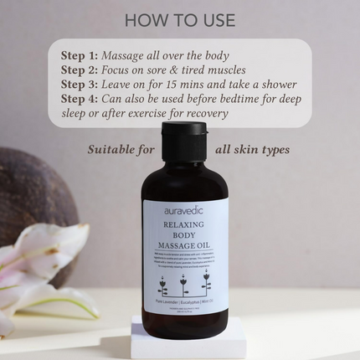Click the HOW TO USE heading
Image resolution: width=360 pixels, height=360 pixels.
click(179, 19)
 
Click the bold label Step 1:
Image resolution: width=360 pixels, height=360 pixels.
click(80, 54)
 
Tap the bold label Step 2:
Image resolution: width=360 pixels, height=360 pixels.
click(80, 69)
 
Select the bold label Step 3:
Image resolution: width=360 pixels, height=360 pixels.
click(80, 85)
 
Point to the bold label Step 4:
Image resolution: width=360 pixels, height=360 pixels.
click(80, 100)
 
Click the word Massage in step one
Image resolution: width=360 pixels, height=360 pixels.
click(126, 54)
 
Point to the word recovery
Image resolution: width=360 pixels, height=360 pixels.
click(206, 114)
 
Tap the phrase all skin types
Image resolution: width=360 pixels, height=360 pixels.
click(252, 151)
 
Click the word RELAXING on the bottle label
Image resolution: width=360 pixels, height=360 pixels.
click(183, 227)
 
